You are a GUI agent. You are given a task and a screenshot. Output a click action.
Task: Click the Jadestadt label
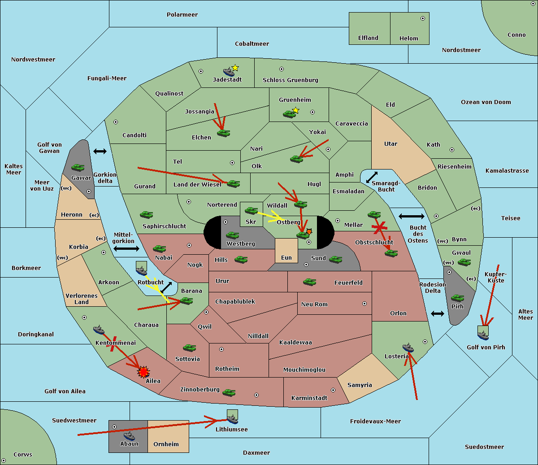227,79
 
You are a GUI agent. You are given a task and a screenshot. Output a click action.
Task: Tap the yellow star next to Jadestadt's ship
235,68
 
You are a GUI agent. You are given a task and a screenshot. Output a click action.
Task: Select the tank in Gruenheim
289,114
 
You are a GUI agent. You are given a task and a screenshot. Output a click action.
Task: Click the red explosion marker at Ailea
143,372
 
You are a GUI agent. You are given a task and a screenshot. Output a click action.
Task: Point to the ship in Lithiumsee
232,419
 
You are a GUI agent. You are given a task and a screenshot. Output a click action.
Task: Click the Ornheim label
166,444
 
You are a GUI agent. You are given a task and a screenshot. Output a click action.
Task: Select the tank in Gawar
78,168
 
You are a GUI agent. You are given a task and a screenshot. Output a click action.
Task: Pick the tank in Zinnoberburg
229,393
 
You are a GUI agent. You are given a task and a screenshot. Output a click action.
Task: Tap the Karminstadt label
309,398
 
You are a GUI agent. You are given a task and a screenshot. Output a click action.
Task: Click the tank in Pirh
457,298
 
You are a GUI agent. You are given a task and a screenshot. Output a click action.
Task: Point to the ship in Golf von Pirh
483,335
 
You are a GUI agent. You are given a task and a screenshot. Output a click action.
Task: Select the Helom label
408,38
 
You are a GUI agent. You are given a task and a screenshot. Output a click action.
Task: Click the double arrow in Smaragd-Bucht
372,177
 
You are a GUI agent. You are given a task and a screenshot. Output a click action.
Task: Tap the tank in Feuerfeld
310,282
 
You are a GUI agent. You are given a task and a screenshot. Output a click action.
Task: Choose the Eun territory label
286,257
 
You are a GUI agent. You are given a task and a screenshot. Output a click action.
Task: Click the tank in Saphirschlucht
147,215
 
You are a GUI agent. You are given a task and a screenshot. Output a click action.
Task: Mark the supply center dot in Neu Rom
364,304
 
